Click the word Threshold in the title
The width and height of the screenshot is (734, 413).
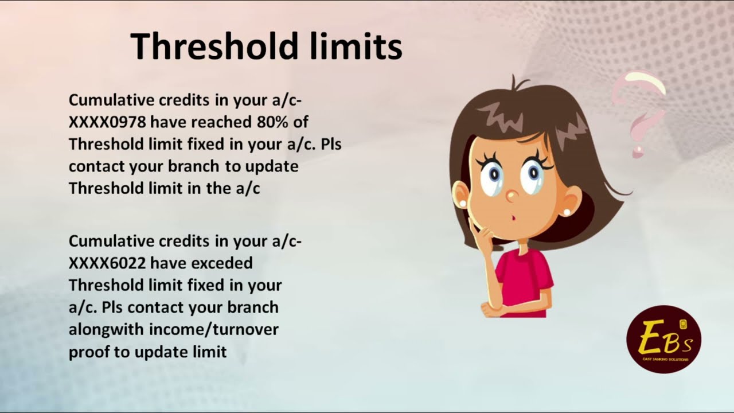pyautogui.click(x=216, y=46)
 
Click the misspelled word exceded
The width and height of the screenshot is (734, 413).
pyautogui.click(x=222, y=263)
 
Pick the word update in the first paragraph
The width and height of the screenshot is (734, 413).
pyautogui.click(x=272, y=166)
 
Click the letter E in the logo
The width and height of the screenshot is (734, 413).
pyautogui.click(x=651, y=339)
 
